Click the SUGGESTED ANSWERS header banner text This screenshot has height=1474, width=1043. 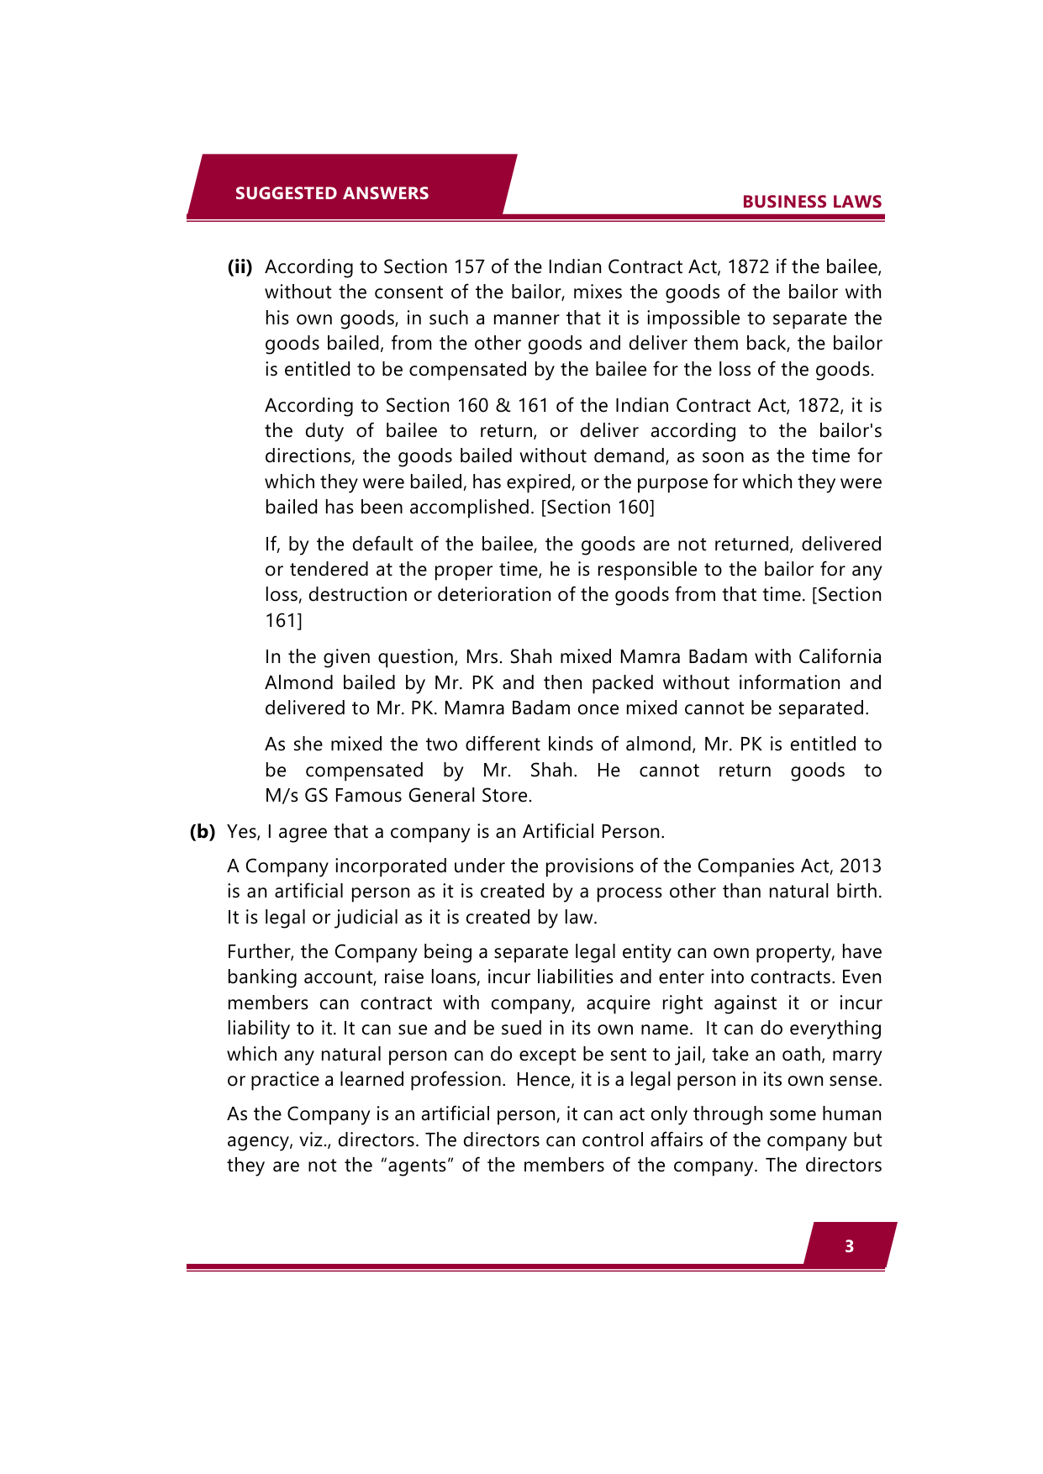coord(332,193)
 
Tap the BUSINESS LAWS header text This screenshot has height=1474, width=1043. coord(811,202)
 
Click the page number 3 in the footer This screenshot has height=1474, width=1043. coord(849,1246)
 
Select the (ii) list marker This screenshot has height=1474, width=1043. coord(240,267)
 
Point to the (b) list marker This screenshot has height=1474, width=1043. coord(203,832)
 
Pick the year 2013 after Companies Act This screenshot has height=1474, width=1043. coord(860,866)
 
